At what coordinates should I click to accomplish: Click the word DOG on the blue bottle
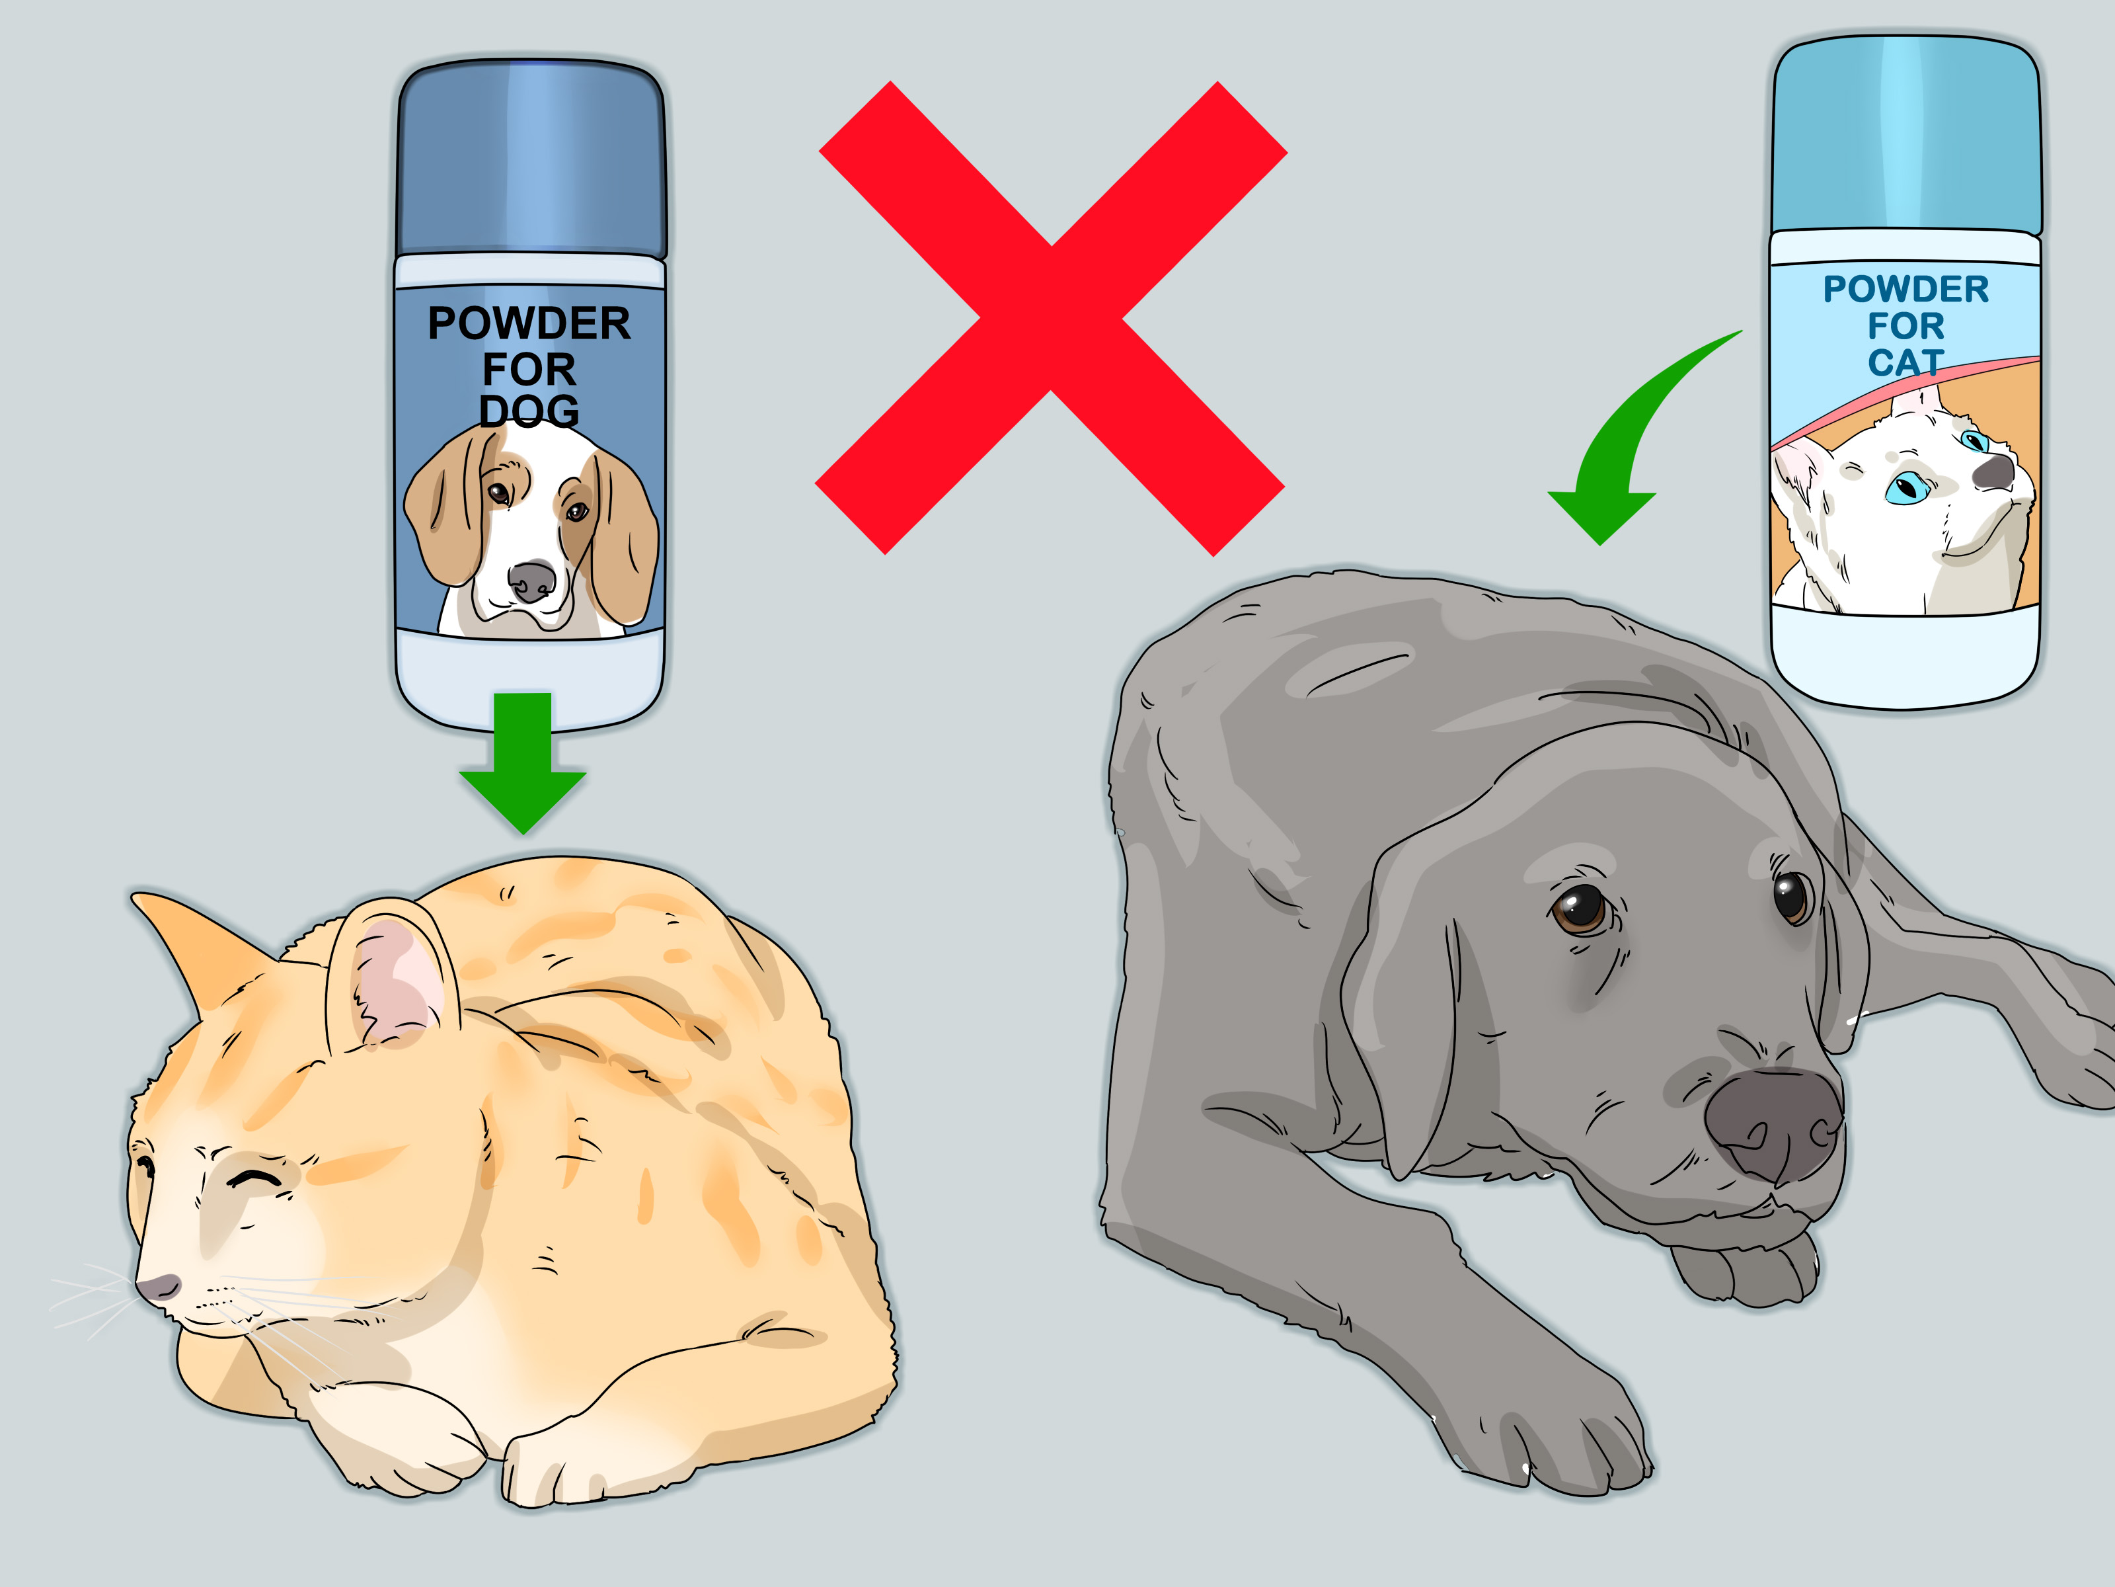pyautogui.click(x=529, y=411)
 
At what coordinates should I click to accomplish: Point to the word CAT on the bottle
pyautogui.click(x=1905, y=362)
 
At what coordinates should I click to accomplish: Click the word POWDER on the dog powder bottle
pyautogui.click(x=529, y=323)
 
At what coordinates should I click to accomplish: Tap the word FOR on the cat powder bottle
pyautogui.click(x=1905, y=325)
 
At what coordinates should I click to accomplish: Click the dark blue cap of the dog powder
pyautogui.click(x=531, y=158)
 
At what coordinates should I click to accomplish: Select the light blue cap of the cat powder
pyautogui.click(x=1905, y=134)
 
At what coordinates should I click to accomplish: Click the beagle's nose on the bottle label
pyautogui.click(x=531, y=580)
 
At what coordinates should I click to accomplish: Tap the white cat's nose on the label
pyautogui.click(x=1993, y=471)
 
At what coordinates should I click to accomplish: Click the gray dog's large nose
pyautogui.click(x=1774, y=1124)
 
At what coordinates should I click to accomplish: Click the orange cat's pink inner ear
pyautogui.click(x=397, y=985)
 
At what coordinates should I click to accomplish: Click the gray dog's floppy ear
pyautogui.click(x=1406, y=1014)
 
